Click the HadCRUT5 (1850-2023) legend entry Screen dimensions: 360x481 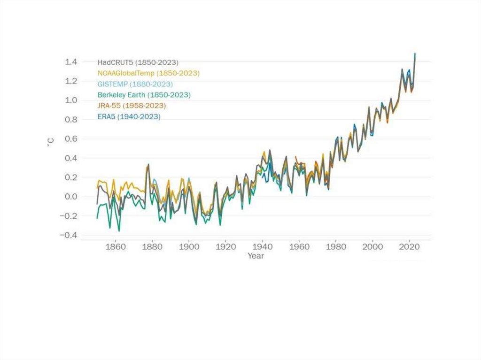[x=138, y=62]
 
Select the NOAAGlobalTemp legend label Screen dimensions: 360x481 [x=148, y=73]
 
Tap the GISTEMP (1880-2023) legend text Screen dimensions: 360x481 [x=135, y=84]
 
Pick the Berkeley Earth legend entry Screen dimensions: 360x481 [x=144, y=95]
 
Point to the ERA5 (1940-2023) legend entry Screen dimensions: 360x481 [x=129, y=116]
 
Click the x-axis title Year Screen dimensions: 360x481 [x=256, y=256]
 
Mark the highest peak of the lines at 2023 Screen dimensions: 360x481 [x=415, y=54]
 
